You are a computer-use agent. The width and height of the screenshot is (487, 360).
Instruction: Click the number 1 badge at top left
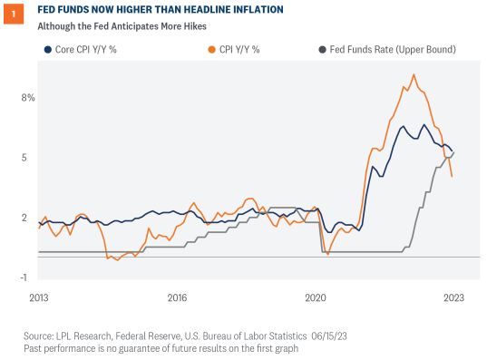[13, 14]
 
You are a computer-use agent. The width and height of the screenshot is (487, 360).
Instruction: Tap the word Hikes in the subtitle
[190, 25]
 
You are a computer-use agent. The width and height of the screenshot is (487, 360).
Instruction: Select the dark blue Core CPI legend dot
[43, 48]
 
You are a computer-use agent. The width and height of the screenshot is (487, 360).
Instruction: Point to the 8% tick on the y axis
[28, 97]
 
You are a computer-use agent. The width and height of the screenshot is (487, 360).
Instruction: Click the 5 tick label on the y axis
[32, 157]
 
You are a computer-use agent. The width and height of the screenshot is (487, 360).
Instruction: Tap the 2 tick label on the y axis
[32, 218]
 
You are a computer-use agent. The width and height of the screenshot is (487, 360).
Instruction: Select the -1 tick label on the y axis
[30, 277]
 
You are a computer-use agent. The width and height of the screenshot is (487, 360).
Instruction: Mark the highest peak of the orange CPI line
[414, 75]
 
